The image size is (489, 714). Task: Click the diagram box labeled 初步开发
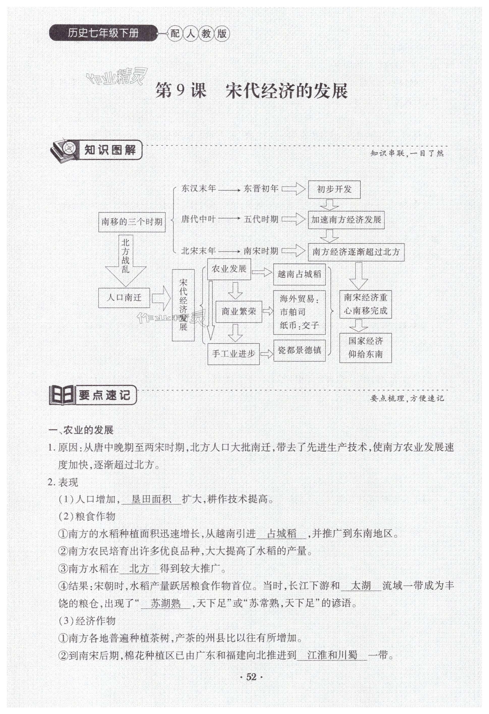[334, 189]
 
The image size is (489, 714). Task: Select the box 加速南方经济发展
[346, 220]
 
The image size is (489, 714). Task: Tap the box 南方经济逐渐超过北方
[356, 252]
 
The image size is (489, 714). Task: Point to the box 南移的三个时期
[132, 222]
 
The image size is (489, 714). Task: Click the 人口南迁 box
[124, 297]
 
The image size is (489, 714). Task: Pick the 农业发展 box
[229, 269]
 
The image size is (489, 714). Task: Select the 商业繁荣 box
[239, 312]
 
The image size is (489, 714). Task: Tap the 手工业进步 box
[233, 354]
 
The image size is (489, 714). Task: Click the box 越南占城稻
[299, 274]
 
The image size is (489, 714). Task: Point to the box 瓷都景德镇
[299, 350]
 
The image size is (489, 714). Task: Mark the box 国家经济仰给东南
[365, 348]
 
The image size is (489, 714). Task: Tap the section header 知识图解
[110, 150]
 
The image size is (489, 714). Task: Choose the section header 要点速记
[104, 395]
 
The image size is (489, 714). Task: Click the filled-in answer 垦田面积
[151, 500]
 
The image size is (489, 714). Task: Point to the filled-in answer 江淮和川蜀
[332, 655]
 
